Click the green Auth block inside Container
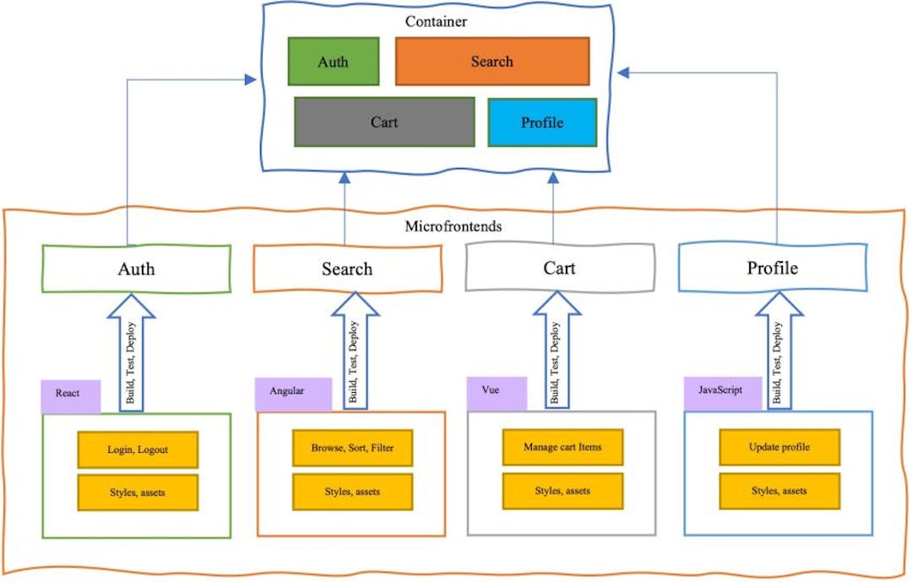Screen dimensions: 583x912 (x=332, y=62)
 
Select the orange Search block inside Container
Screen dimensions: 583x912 (x=491, y=62)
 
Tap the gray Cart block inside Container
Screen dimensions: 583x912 (x=384, y=122)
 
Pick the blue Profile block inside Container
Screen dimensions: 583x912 (x=542, y=122)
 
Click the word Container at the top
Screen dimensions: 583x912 (x=435, y=21)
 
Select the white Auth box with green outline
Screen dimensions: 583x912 (x=136, y=269)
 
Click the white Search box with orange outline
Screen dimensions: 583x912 (x=347, y=269)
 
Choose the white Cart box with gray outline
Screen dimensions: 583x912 (x=560, y=268)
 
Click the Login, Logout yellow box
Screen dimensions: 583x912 (x=138, y=450)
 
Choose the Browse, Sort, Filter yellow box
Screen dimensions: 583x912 (x=353, y=448)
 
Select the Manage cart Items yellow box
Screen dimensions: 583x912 (x=562, y=447)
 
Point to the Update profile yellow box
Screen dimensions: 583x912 (x=779, y=447)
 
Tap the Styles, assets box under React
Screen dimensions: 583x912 (x=138, y=493)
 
